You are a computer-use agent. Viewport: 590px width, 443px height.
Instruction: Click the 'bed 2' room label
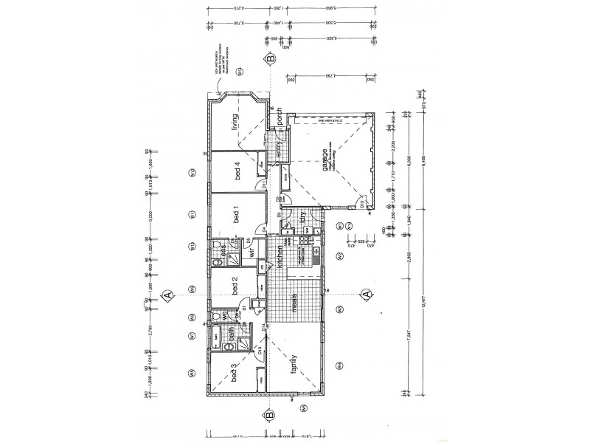(x=235, y=284)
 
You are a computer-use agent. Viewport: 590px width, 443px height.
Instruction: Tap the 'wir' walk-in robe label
(x=251, y=252)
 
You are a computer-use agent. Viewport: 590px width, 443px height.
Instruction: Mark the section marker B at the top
(x=271, y=58)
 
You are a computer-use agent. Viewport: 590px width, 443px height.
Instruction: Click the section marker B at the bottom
(x=271, y=414)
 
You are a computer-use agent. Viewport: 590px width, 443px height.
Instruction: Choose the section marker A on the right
(x=366, y=295)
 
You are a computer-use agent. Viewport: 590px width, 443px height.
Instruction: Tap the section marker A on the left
(x=168, y=295)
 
